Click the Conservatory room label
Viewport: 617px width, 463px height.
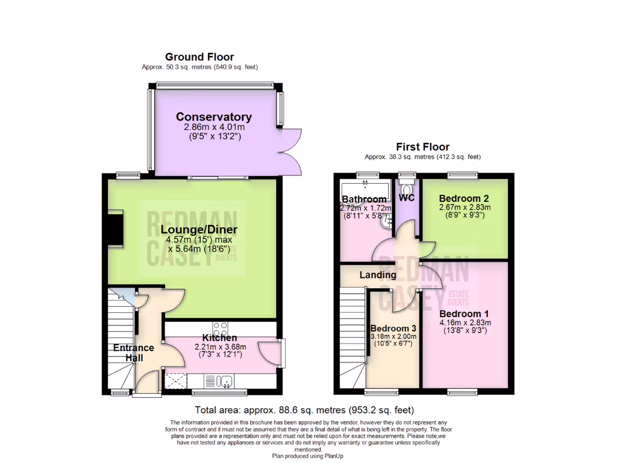pyautogui.click(x=213, y=117)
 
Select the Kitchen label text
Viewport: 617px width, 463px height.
pyautogui.click(x=219, y=338)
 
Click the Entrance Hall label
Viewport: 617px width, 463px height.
pyautogui.click(x=134, y=353)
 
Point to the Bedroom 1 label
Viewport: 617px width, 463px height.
pyautogui.click(x=464, y=314)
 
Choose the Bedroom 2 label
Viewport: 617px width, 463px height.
pyautogui.click(x=463, y=198)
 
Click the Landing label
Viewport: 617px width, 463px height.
pyautogui.click(x=378, y=275)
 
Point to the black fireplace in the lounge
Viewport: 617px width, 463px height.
pyautogui.click(x=114, y=230)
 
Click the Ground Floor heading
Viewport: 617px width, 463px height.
pyautogui.click(x=199, y=57)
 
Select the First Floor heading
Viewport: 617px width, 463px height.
pyautogui.click(x=422, y=146)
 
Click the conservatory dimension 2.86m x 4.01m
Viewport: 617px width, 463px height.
pyautogui.click(x=215, y=128)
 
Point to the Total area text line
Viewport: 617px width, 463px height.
pyautogui.click(x=304, y=409)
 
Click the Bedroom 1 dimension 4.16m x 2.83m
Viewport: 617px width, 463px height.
pyautogui.click(x=464, y=323)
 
